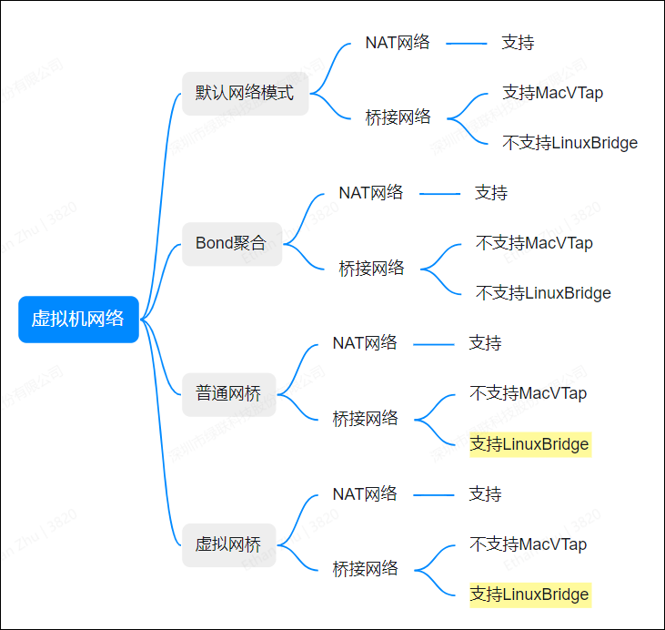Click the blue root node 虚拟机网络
click(78, 320)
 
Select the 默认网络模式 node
click(245, 93)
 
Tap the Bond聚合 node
click(231, 243)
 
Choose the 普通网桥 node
click(228, 394)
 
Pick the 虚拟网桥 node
click(228, 544)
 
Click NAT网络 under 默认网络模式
click(398, 43)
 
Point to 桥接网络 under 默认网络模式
click(398, 117)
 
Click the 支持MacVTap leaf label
click(552, 93)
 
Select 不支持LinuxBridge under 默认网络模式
click(569, 143)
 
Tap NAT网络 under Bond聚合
click(370, 193)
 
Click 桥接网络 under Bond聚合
click(371, 269)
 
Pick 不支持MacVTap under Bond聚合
click(534, 243)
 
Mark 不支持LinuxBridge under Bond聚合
click(543, 293)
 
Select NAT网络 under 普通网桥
click(365, 343)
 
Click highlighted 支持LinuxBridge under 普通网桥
click(529, 444)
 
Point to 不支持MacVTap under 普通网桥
click(528, 393)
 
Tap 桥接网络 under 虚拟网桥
click(365, 569)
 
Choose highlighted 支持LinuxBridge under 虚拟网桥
click(529, 594)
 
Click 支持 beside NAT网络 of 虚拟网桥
click(485, 494)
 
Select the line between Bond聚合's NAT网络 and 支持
click(440, 193)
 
